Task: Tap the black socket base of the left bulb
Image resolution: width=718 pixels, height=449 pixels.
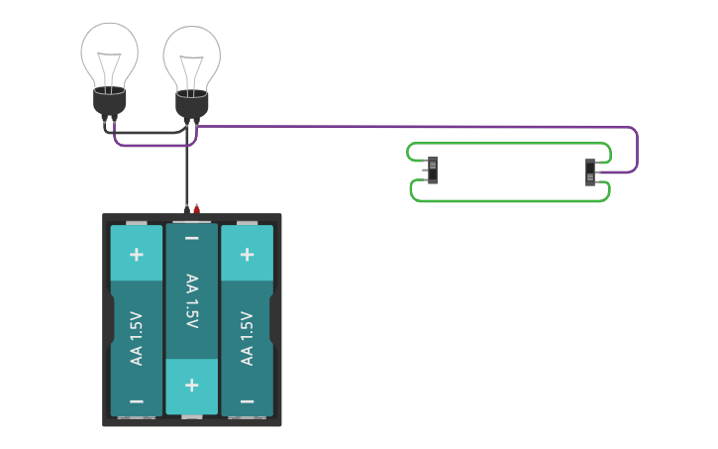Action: [110, 100]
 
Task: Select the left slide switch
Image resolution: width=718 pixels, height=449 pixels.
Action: [432, 170]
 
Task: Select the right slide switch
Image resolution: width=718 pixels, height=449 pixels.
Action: [590, 172]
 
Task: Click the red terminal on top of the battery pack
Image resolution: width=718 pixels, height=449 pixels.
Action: [197, 208]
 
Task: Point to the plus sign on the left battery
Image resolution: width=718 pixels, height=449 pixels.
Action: [137, 254]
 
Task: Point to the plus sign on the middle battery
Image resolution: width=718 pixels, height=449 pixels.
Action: [191, 385]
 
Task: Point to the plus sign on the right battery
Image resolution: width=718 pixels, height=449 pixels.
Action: [247, 254]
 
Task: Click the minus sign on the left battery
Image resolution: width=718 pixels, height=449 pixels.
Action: [137, 401]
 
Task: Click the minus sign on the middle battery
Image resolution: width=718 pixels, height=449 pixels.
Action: [191, 239]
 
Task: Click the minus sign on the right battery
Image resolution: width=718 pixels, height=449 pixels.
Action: [247, 401]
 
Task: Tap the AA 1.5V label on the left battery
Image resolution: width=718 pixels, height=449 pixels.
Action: [137, 338]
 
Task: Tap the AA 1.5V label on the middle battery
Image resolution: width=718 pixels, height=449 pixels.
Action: [191, 302]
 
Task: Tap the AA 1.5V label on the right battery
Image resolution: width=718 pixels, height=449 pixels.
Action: [247, 338]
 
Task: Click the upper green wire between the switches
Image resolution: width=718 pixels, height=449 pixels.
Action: [510, 144]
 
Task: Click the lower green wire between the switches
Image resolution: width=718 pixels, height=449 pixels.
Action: [510, 201]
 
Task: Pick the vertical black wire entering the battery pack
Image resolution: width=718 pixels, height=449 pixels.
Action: [185, 173]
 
